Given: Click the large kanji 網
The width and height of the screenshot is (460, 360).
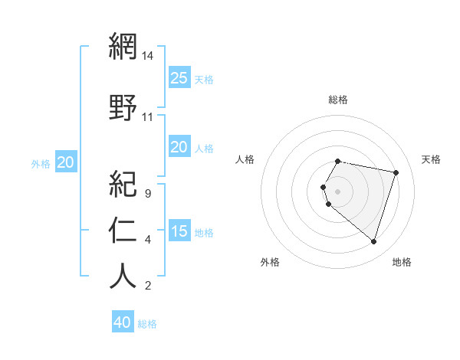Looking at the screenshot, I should [123, 47].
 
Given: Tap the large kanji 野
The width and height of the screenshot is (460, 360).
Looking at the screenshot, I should [123, 107].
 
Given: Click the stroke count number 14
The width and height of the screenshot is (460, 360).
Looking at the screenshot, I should [148, 56].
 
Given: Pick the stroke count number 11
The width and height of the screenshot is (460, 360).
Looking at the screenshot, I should [148, 117].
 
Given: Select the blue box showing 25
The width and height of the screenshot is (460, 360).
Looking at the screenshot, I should [179, 78].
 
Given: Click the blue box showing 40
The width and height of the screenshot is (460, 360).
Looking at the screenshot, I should [123, 322].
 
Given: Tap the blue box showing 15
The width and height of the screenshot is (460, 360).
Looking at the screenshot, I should [179, 231].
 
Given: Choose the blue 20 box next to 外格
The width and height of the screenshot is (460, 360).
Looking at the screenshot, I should [66, 162].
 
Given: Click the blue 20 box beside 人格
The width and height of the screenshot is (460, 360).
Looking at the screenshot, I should [179, 147].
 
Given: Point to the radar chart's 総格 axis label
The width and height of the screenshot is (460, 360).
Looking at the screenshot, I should [338, 100].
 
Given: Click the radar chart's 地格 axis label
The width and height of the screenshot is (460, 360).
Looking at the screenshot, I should [402, 262].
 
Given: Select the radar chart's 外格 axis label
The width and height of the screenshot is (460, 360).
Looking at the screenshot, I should [270, 262].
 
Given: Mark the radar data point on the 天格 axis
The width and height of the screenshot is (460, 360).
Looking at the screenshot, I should [396, 172].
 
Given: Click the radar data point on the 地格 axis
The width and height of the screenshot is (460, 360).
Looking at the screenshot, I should [373, 242].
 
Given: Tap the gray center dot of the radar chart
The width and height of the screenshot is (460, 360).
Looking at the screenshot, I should [338, 191].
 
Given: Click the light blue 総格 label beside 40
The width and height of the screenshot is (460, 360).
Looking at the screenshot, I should [147, 324].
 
